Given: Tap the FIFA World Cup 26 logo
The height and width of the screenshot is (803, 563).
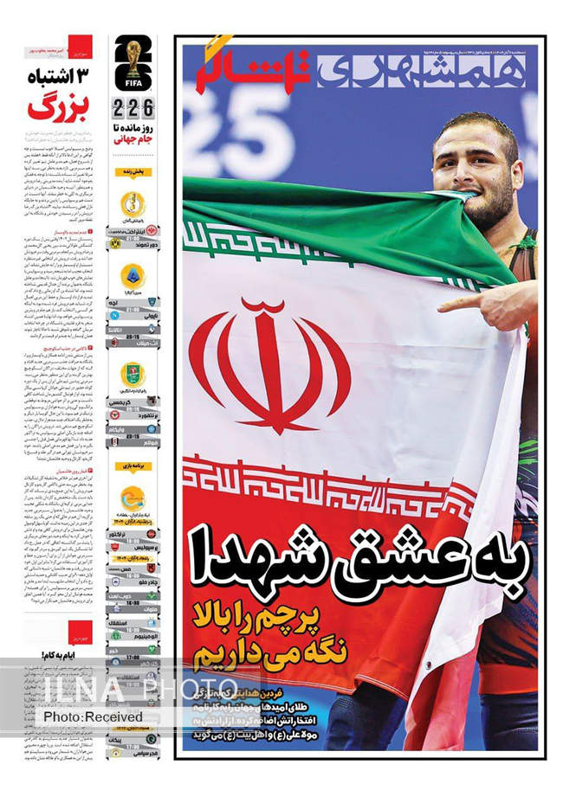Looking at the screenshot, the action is [x=133, y=64].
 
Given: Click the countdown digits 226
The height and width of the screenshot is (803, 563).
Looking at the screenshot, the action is [x=133, y=110].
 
